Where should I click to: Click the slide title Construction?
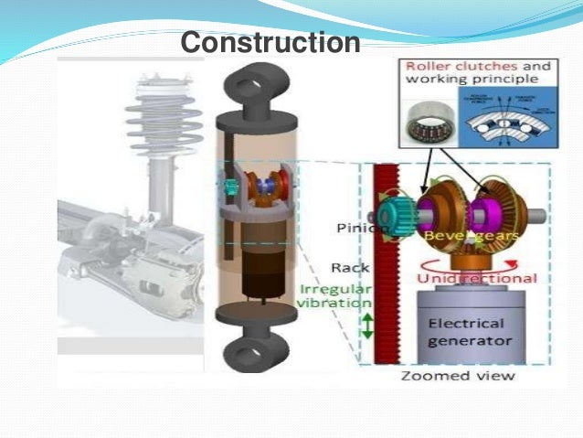point(270,43)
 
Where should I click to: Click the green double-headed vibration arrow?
point(367,325)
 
